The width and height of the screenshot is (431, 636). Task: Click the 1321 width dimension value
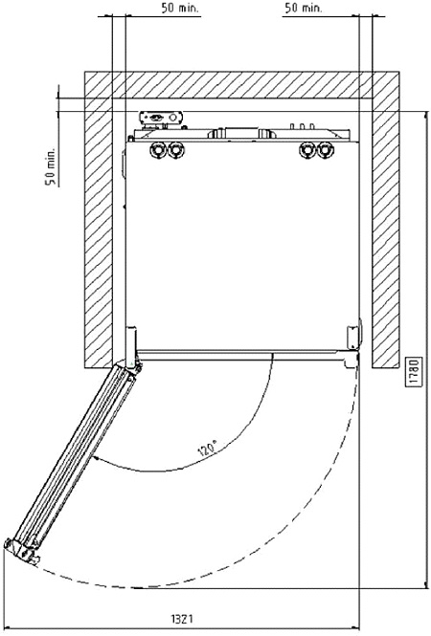[x=182, y=619]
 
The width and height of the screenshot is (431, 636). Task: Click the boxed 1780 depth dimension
[x=414, y=373]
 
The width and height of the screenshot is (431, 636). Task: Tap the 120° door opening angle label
[x=208, y=449]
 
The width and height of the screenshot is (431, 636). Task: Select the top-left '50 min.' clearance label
[x=180, y=8]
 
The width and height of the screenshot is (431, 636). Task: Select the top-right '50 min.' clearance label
[x=303, y=8]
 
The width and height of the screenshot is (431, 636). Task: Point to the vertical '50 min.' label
[x=50, y=166]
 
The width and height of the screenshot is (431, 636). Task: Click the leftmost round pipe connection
[x=156, y=150]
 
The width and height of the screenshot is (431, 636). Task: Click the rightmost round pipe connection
[x=325, y=150]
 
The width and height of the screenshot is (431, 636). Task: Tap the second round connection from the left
[x=175, y=150]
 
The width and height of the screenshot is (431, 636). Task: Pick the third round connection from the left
[x=307, y=150]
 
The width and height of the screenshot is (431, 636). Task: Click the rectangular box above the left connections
[x=161, y=118]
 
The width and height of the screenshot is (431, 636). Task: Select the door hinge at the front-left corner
[x=131, y=349]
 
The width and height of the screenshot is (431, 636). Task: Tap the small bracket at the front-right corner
[x=353, y=336]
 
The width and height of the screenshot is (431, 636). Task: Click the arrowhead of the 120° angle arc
[x=96, y=458]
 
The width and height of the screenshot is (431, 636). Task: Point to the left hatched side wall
[x=99, y=233]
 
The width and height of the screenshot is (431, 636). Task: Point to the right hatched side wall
[x=385, y=233]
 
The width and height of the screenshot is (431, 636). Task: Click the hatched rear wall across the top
[x=241, y=85]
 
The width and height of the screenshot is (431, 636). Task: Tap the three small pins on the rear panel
[x=302, y=125]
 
